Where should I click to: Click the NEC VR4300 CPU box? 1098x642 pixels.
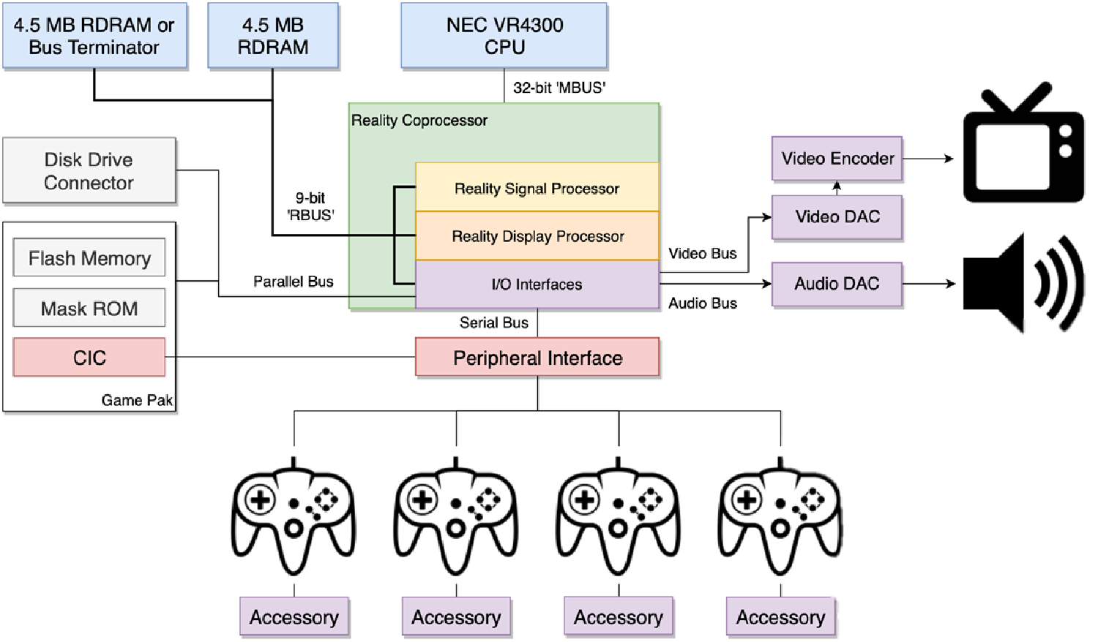tap(504, 36)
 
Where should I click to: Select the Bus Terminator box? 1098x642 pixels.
tap(94, 36)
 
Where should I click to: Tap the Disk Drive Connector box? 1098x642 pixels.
tap(89, 170)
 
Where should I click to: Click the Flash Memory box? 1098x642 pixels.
tap(89, 258)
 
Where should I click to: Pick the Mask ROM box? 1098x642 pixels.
tap(89, 309)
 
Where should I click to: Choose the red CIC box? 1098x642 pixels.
tap(89, 358)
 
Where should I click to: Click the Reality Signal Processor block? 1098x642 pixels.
tap(537, 188)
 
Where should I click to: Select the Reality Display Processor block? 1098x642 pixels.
tap(537, 236)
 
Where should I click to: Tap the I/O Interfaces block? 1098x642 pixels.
tap(537, 284)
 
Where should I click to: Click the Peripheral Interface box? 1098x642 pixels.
tap(537, 358)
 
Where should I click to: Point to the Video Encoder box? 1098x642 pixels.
tap(837, 158)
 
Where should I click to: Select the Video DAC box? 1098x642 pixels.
tap(837, 217)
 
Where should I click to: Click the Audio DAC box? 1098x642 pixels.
tap(837, 284)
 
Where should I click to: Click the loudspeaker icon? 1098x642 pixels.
tap(1023, 284)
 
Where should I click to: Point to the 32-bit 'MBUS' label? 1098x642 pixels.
tap(559, 88)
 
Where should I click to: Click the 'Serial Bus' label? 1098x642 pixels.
tap(493, 322)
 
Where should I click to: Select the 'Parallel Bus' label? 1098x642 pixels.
tap(293, 282)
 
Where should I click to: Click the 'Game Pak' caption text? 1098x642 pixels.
tap(137, 400)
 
